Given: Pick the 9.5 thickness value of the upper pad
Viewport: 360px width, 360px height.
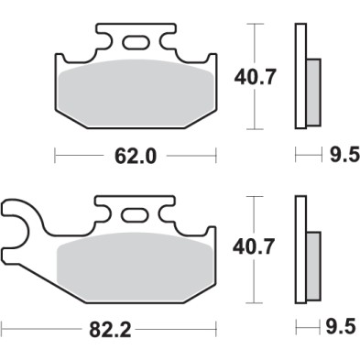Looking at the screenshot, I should pos(341,156).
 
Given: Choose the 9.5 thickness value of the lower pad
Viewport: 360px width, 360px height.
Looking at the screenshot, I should pos(341,325).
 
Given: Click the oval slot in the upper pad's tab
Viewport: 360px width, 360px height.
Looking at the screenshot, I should pos(136,41).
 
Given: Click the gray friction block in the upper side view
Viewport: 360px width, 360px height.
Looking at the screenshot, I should pos(311,92).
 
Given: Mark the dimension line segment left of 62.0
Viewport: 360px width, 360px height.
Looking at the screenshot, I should pos(83,156).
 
